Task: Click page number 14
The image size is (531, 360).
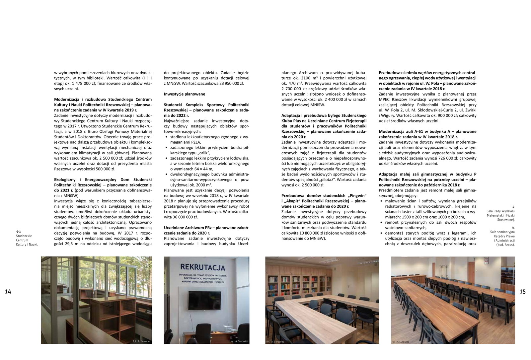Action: point(8,292)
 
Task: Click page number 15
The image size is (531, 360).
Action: point(522,292)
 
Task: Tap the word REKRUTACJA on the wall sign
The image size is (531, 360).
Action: point(203,267)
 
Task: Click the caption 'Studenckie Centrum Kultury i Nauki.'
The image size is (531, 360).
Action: point(27,240)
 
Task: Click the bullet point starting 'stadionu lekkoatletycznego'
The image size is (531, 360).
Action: point(209,137)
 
